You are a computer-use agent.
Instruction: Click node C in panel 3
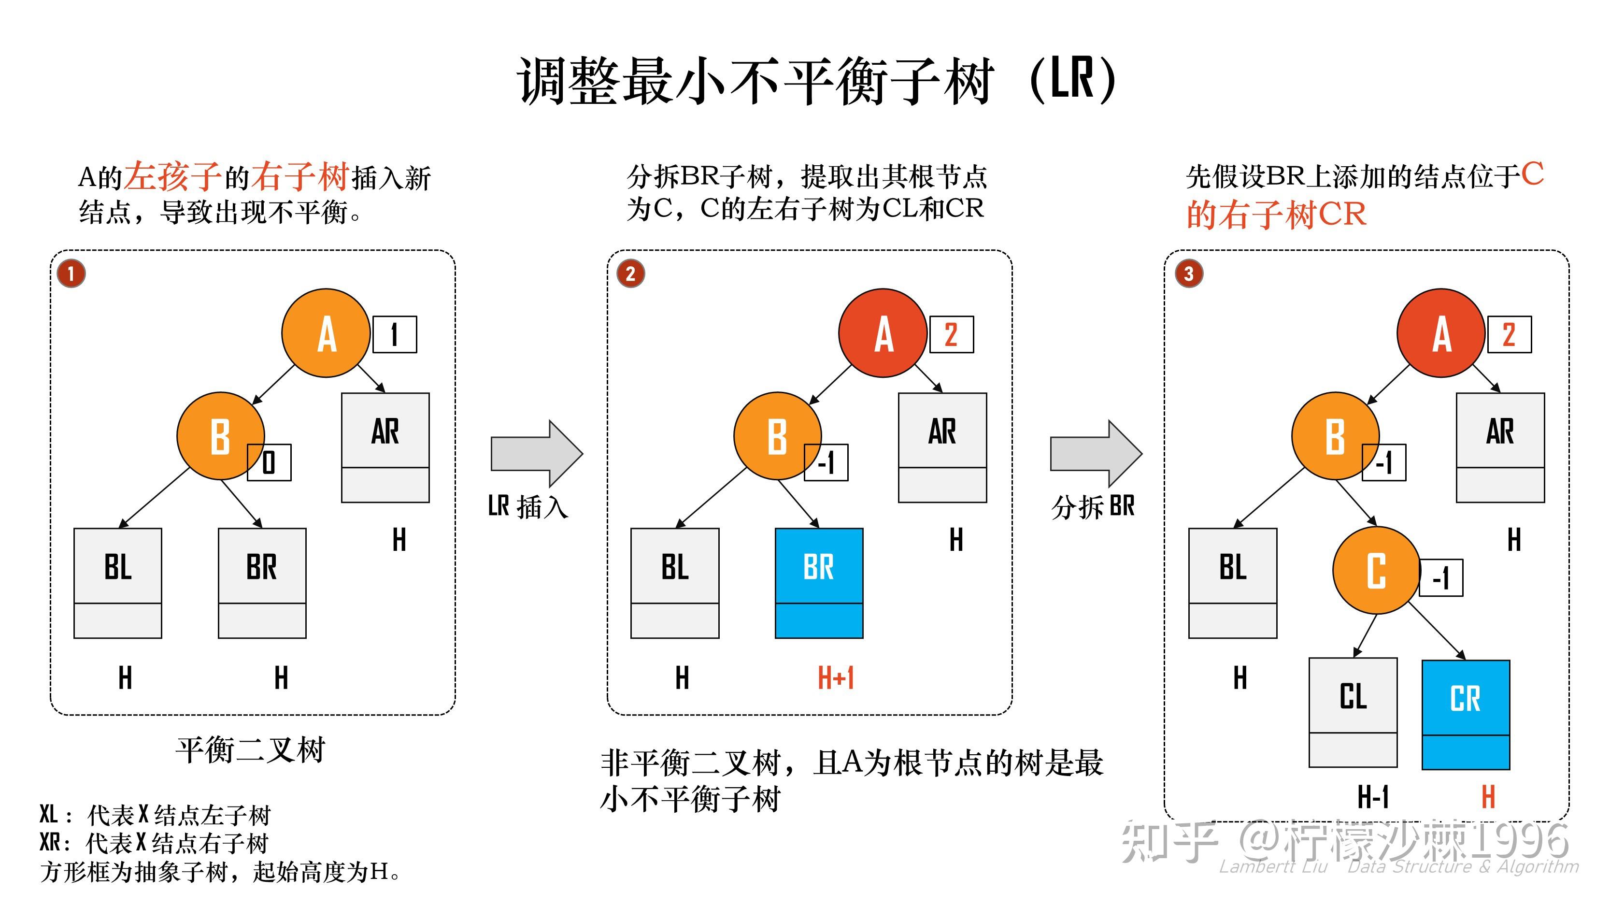pos(1376,570)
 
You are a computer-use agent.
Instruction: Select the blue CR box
pos(1465,714)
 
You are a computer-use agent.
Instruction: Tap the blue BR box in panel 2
pos(819,582)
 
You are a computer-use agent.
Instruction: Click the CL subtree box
pos(1353,712)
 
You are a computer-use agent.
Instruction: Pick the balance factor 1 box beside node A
pos(394,334)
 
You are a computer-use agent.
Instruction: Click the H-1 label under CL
pos(1373,797)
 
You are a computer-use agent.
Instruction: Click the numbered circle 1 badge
pos(71,273)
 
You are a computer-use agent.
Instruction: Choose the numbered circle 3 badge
pos(1188,273)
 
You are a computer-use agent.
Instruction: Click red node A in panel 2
pos(882,332)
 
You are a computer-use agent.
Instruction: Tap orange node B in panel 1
pos(220,436)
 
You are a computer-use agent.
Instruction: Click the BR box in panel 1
pos(262,582)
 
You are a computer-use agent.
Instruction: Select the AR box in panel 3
pos(1499,447)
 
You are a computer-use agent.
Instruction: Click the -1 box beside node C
pos(1440,578)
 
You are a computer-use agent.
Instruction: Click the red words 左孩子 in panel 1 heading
pos(172,176)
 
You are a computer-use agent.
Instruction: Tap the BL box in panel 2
pos(674,582)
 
